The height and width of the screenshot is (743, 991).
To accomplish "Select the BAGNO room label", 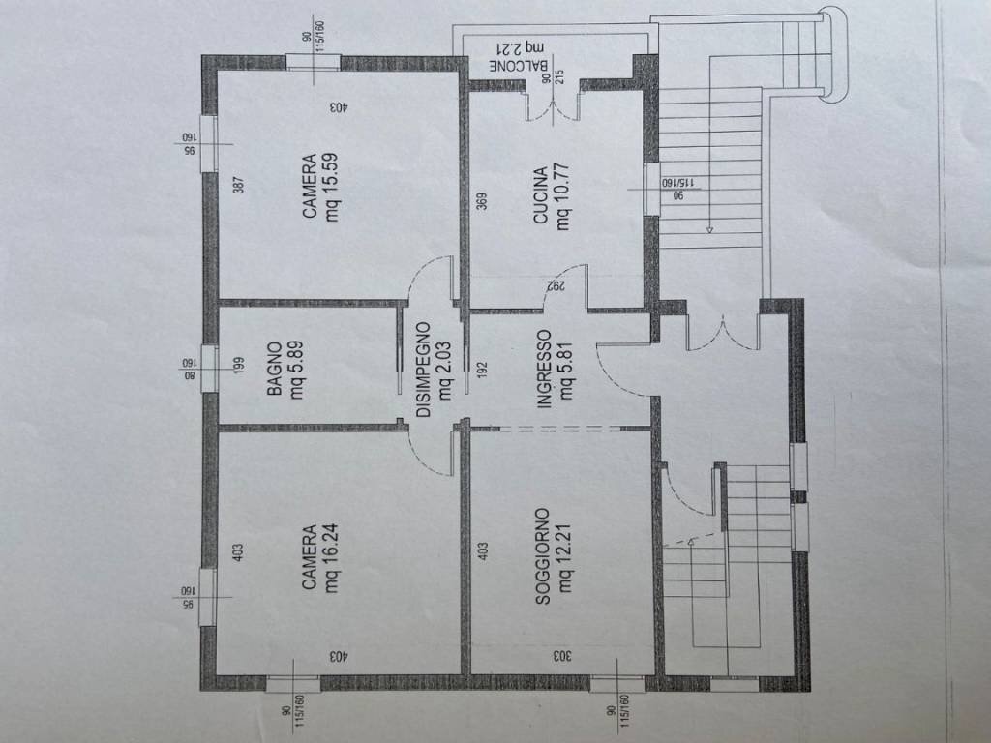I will coord(275,370).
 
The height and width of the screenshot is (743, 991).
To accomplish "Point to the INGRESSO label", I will coord(544,369).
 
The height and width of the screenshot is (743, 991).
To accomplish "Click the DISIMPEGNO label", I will coord(423,369).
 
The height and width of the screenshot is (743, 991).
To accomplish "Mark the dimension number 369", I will coord(481,201).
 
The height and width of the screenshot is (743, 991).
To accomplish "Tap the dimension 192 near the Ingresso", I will coord(481,369).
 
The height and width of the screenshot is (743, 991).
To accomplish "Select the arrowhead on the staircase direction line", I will coord(709,229).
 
